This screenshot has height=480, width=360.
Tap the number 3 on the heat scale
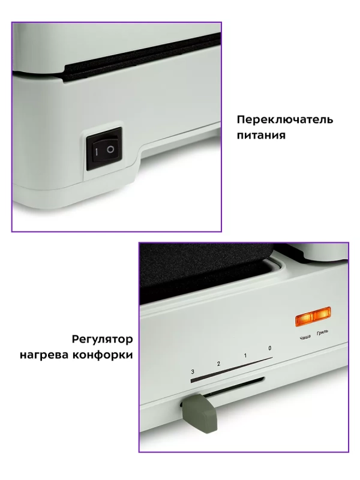coord(193,372)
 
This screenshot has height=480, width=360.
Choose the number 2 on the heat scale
coord(218,364)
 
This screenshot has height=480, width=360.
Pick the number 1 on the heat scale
coord(245,356)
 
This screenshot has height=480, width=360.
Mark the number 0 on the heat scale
coord(270,349)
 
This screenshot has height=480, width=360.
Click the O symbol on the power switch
coord(110,148)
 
